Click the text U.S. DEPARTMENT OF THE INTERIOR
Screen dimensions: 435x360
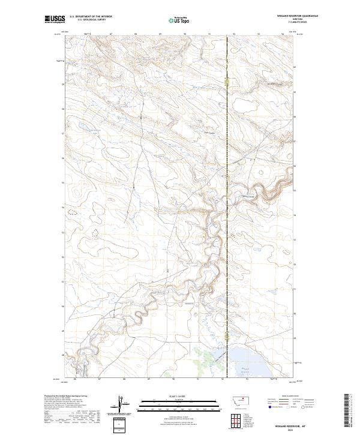pyautogui.click(x=91, y=17)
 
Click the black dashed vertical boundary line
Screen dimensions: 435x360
pyautogui.click(x=227, y=180)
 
